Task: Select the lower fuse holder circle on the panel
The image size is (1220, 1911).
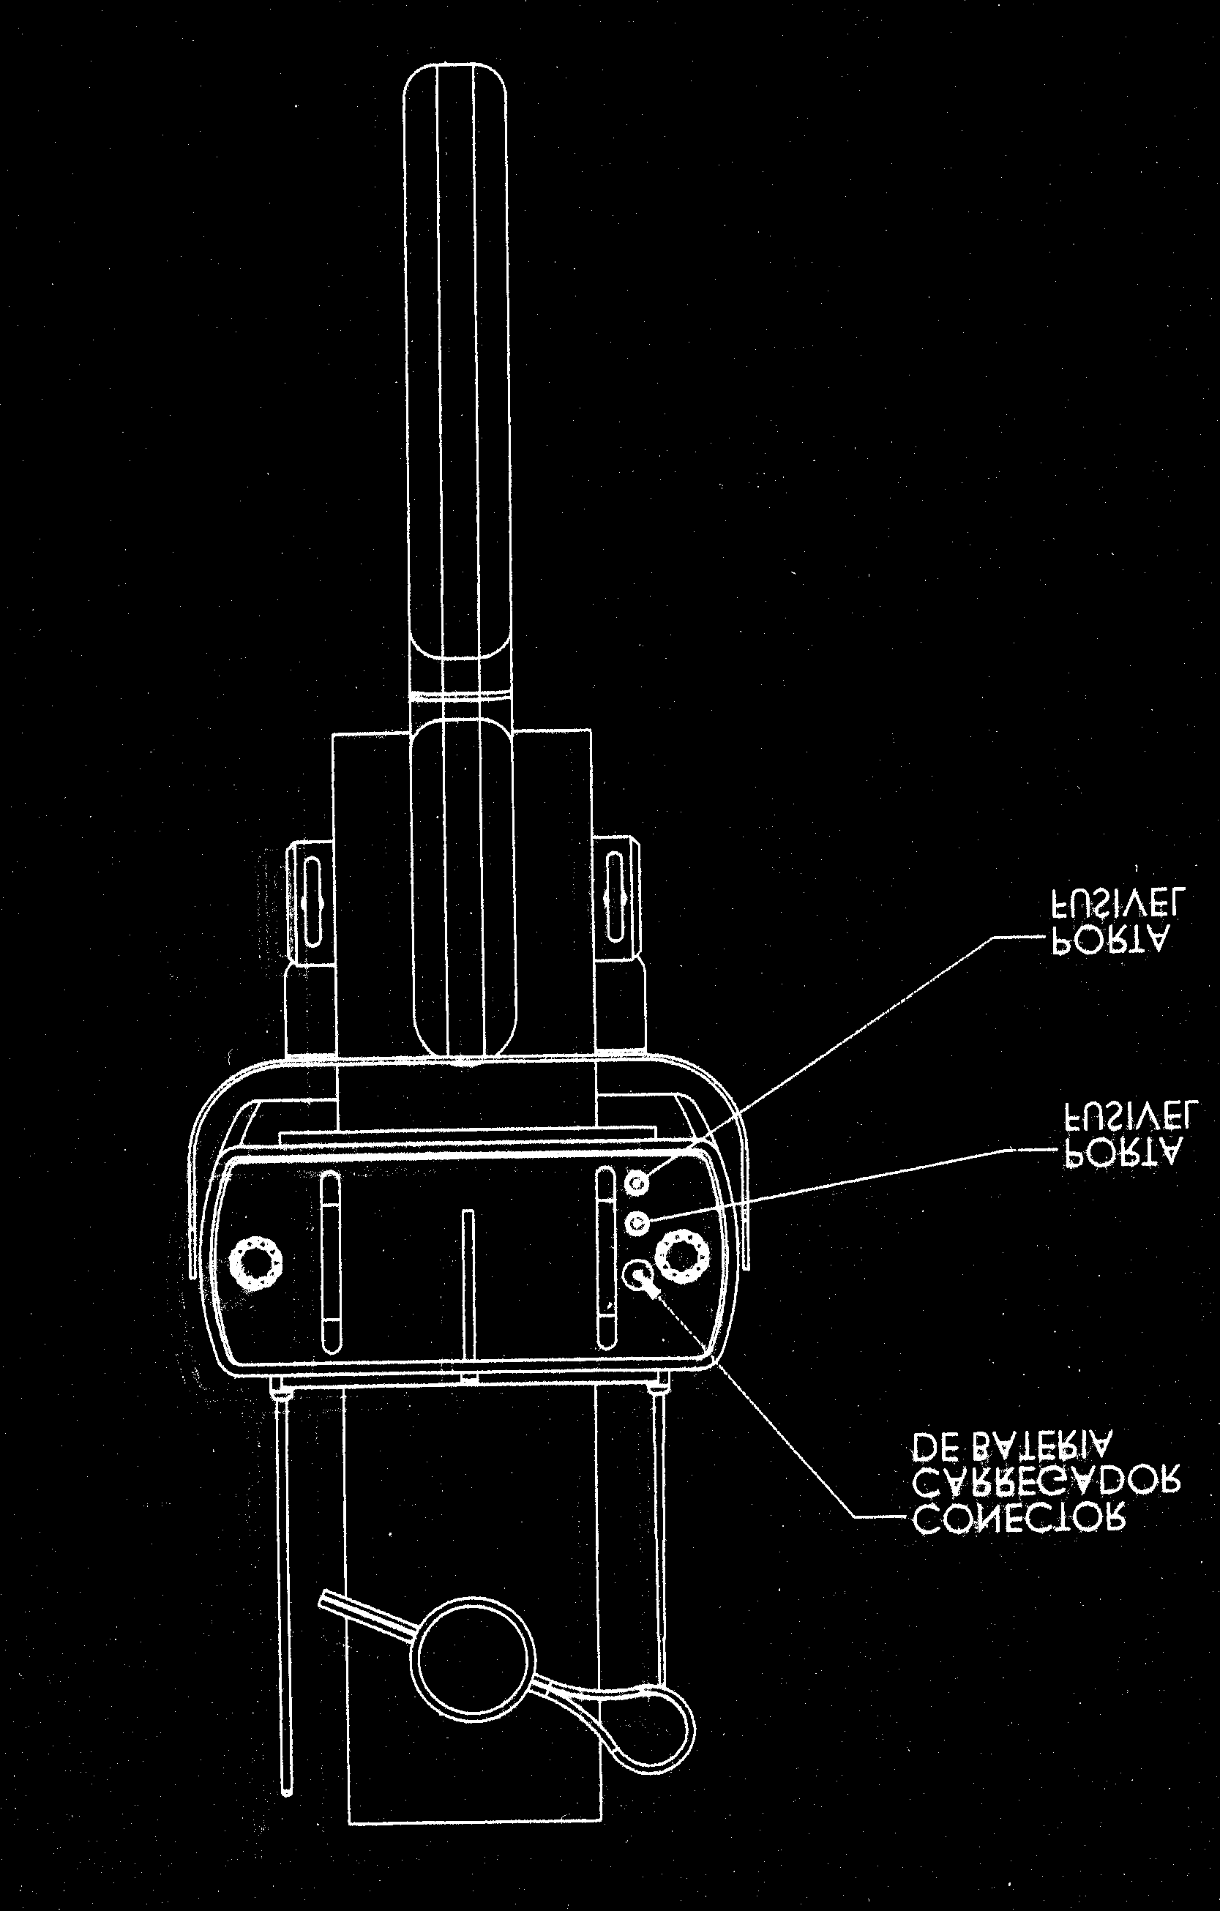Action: [x=637, y=1224]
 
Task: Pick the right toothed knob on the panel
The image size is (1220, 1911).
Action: [x=681, y=1255]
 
